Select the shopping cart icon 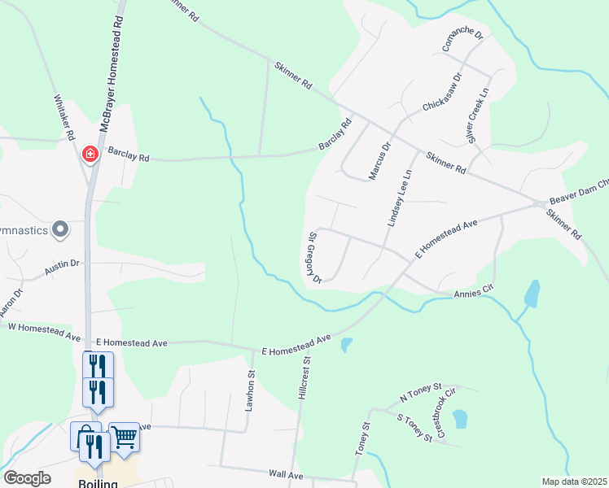tap(124, 437)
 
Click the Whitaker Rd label tap(64, 117)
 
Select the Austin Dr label tap(62, 268)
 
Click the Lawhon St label tap(251, 391)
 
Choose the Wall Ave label tap(286, 474)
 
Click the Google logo tap(28, 478)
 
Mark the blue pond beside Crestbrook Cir tap(459, 418)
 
